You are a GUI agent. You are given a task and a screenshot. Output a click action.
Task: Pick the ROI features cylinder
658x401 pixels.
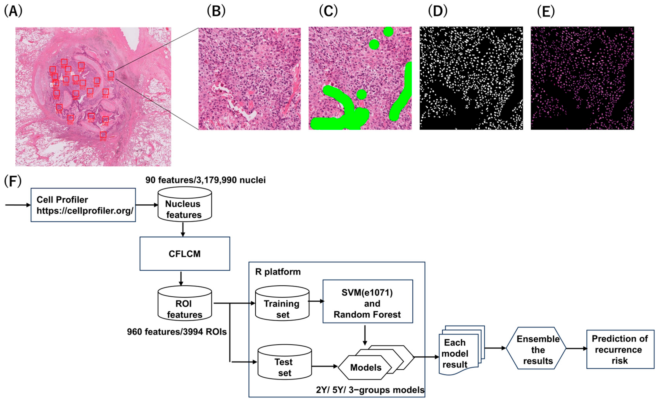(x=185, y=304)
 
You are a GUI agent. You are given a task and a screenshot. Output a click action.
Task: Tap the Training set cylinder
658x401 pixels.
(x=282, y=304)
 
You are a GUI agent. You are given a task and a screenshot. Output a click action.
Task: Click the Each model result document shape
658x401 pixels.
(x=457, y=352)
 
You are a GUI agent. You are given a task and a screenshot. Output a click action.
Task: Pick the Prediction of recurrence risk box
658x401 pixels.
(x=620, y=349)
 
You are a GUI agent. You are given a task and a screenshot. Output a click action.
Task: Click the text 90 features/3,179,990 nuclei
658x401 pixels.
(x=205, y=180)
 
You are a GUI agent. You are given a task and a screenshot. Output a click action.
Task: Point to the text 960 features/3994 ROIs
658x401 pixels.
(x=177, y=332)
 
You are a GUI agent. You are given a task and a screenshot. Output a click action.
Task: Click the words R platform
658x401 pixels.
(x=278, y=272)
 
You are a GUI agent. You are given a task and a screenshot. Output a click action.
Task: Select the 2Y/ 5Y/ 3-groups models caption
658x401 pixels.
(x=370, y=390)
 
